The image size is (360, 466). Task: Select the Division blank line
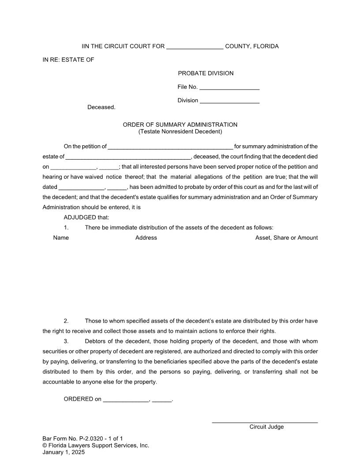tap(229, 101)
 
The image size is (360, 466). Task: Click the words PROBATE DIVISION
tap(206, 73)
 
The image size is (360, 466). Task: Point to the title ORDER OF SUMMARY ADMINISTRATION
tap(180, 125)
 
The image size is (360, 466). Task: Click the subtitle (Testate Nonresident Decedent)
tap(180, 132)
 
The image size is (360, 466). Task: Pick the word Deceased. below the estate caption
tap(101, 107)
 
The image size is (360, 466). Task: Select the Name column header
tap(61, 238)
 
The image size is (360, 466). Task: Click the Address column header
tap(146, 238)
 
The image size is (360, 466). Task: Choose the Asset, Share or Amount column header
tap(286, 238)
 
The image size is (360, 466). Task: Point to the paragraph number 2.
tap(66, 321)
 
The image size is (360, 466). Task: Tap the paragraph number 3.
tap(66, 342)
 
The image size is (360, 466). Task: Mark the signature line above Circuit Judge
tap(265, 423)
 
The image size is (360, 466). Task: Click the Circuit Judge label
tap(266, 427)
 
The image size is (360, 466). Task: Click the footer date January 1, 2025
tap(64, 452)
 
